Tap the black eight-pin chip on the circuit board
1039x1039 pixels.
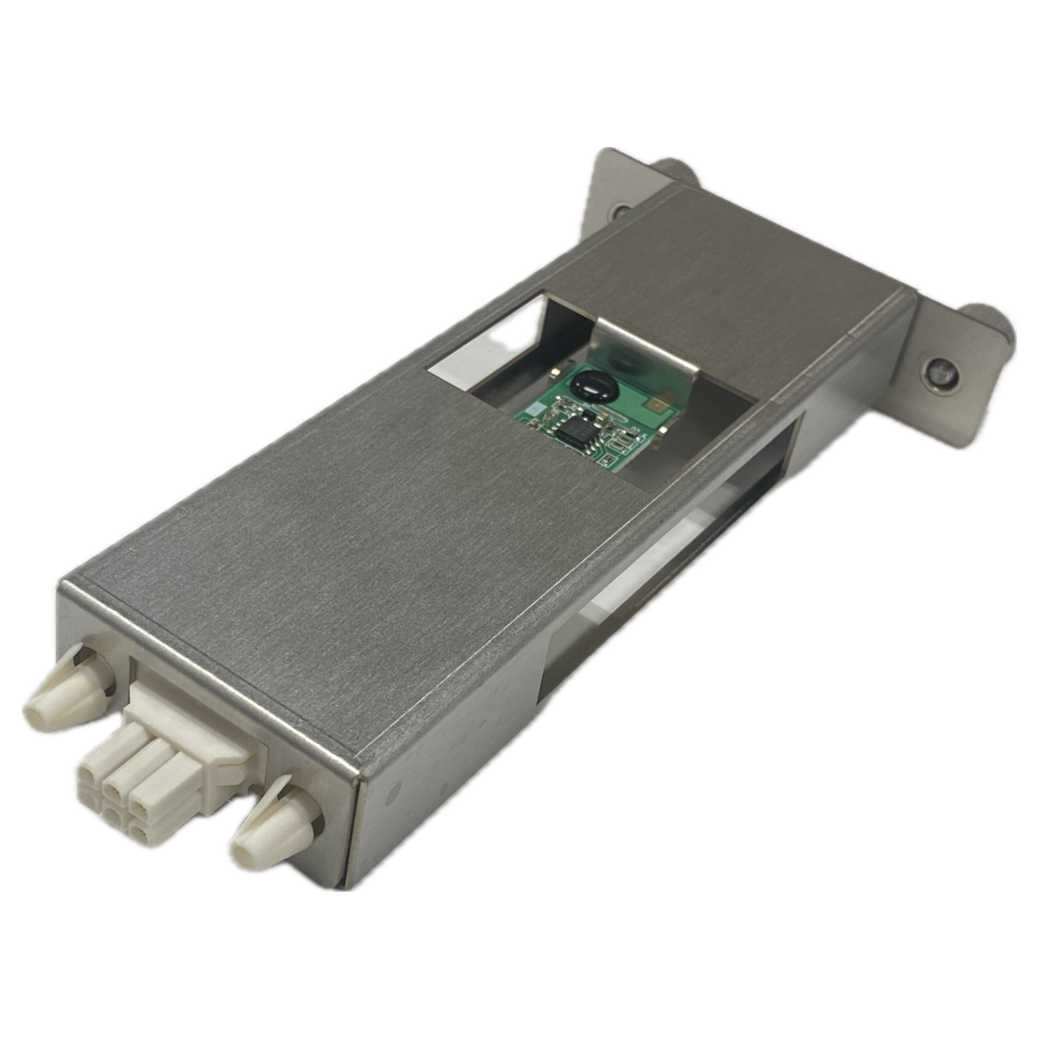coord(573,426)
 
